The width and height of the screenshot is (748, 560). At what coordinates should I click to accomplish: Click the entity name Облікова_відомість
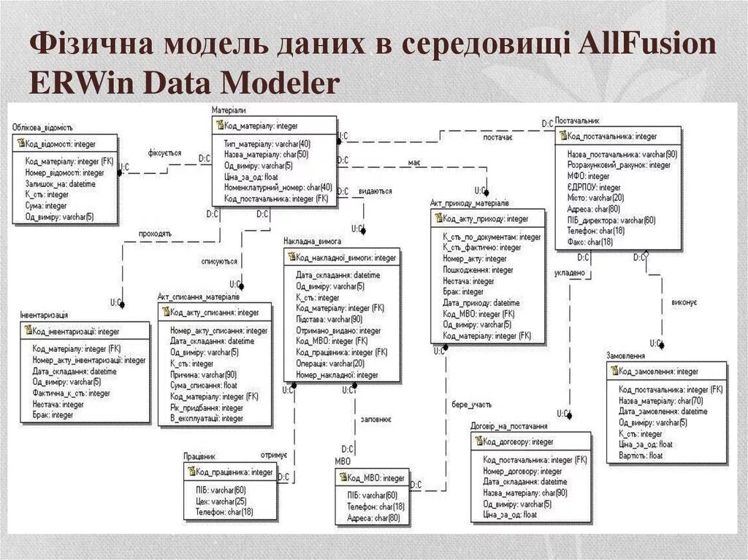tap(42, 128)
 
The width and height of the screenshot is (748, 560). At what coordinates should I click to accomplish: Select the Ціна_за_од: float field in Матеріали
tap(251, 176)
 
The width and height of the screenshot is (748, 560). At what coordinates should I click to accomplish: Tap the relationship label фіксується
tap(164, 153)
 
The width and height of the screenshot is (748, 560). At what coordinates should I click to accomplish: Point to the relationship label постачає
tap(498, 137)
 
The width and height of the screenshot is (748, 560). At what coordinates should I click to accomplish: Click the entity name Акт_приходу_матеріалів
tap(469, 202)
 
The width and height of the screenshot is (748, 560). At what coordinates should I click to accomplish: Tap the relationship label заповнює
tap(377, 420)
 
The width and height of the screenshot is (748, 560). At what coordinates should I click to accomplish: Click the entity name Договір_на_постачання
tap(509, 426)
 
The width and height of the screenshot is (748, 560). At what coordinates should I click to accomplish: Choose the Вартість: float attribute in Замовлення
tap(641, 455)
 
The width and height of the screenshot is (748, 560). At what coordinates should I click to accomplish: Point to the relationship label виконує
tap(684, 302)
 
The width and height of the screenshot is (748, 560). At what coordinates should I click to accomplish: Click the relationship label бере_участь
tap(471, 404)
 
